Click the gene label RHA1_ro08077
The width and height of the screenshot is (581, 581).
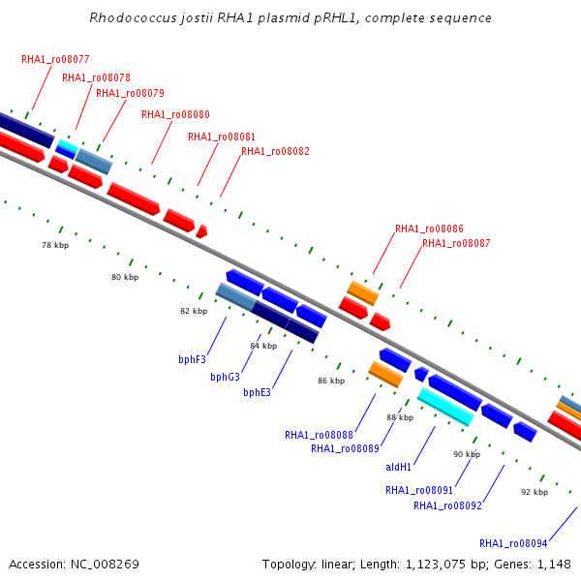(55, 59)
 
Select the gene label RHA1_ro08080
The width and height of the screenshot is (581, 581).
(175, 114)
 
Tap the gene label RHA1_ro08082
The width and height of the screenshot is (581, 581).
(275, 151)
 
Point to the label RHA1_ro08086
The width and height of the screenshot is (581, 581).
(429, 229)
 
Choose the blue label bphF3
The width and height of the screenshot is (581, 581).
(192, 359)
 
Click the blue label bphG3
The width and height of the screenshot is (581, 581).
(225, 377)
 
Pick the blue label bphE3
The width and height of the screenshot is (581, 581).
(257, 392)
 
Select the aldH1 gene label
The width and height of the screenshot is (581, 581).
(398, 467)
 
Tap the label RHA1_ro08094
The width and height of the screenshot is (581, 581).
(513, 543)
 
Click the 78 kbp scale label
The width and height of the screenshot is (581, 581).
(55, 245)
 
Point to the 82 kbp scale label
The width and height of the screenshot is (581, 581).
(194, 311)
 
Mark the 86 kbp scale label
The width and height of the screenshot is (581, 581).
(331, 381)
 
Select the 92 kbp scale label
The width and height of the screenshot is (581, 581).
(535, 492)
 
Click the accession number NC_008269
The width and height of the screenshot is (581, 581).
(105, 565)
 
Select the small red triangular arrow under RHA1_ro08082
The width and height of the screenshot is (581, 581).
(201, 231)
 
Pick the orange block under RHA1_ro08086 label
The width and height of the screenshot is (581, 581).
(363, 293)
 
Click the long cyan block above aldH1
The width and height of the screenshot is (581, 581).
(445, 407)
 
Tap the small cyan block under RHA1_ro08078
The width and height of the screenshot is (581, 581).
(68, 145)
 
